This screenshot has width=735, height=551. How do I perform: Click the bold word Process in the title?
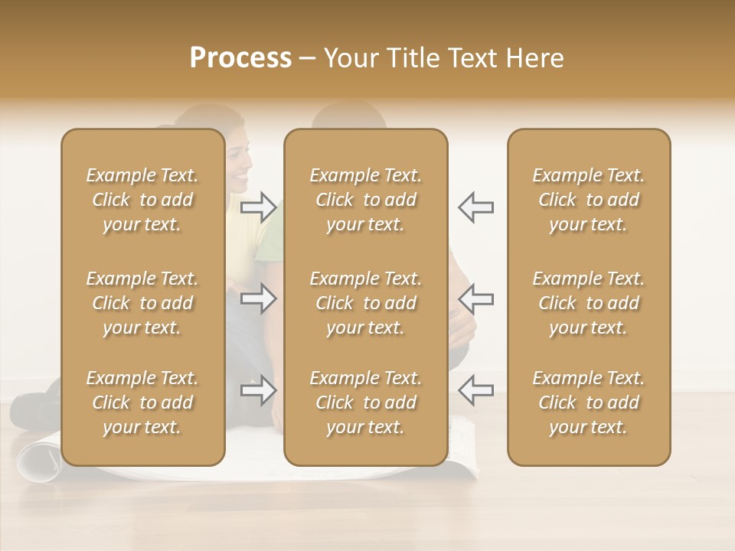(x=240, y=58)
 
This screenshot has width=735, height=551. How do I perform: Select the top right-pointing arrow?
(x=258, y=207)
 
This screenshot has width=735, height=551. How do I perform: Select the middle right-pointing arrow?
(x=258, y=298)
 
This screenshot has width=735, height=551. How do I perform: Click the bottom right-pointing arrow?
(x=258, y=390)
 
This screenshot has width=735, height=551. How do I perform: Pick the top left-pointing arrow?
(x=476, y=207)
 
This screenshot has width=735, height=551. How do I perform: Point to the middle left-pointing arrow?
(x=476, y=298)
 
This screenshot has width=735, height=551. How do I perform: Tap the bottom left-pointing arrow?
(x=476, y=390)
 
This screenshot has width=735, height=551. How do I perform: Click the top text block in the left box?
(x=142, y=200)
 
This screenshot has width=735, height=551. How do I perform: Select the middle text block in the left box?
(x=142, y=303)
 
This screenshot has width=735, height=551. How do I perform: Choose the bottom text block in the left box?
(x=142, y=403)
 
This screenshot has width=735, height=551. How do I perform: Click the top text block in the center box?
(x=365, y=200)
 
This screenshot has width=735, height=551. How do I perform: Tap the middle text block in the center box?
(x=365, y=303)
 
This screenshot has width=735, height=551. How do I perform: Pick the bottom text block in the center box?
(x=365, y=403)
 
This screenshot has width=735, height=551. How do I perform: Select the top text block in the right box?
(x=588, y=200)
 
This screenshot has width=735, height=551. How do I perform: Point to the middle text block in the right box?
(x=588, y=303)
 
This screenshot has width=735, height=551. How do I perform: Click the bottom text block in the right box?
(x=588, y=403)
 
